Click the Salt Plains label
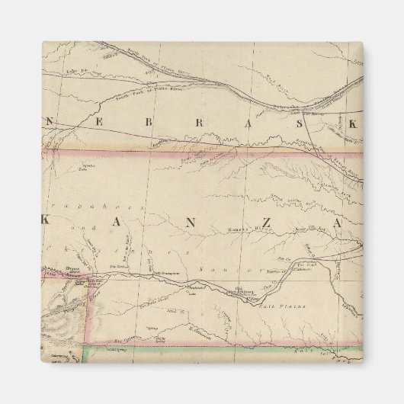pyautogui.click(x=287, y=306)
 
